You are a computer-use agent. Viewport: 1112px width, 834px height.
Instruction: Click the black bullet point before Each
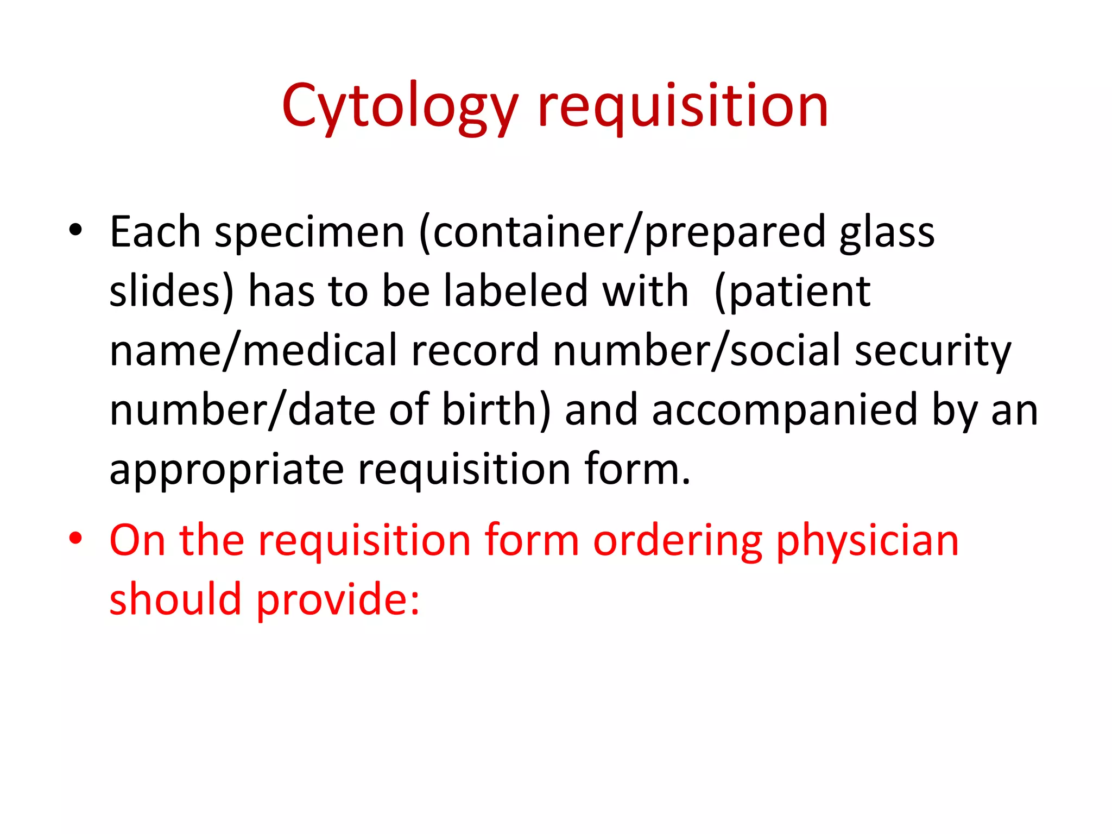pyautogui.click(x=75, y=230)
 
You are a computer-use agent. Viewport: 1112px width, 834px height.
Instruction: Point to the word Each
pyautogui.click(x=155, y=232)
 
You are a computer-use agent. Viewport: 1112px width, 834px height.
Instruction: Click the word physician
pyautogui.click(x=867, y=542)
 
